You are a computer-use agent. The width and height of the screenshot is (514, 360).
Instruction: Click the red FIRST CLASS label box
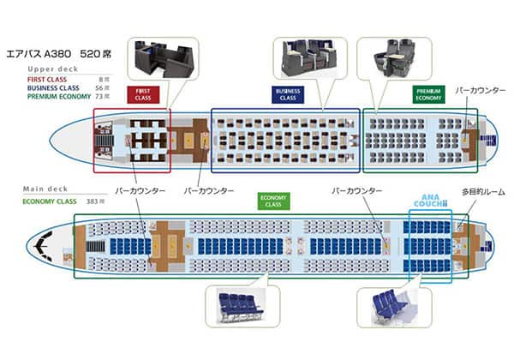tap(143, 94)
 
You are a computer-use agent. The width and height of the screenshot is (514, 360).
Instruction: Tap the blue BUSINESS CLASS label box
tap(288, 94)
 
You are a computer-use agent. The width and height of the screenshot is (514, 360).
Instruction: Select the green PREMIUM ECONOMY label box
tap(428, 94)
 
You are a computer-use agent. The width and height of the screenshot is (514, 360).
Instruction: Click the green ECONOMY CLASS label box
tap(275, 201)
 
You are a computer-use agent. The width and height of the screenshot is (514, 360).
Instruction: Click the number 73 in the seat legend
tap(105, 96)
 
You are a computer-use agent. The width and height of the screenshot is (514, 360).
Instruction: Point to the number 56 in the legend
tap(104, 87)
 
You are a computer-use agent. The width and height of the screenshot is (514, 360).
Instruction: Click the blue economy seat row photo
tap(239, 303)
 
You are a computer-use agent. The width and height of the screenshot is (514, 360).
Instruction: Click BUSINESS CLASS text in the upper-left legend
tap(53, 87)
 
